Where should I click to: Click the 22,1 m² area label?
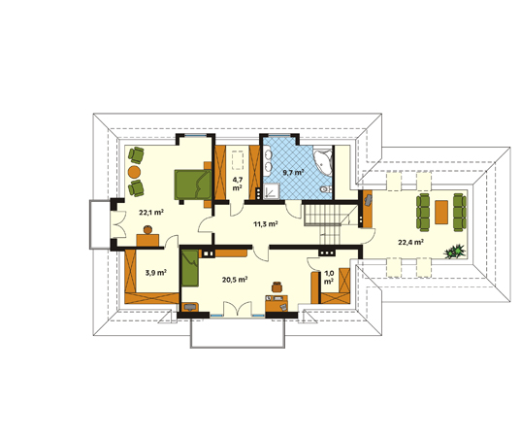[x=151, y=212]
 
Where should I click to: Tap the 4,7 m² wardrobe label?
[x=238, y=184]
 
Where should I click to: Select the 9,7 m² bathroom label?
[x=293, y=172]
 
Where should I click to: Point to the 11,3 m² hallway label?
[x=266, y=224]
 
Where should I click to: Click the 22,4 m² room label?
[x=410, y=242]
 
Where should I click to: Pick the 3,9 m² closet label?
[x=156, y=273]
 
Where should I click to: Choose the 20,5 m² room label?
[x=235, y=280]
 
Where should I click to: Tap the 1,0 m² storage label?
[x=329, y=278]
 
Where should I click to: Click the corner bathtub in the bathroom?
[x=323, y=162]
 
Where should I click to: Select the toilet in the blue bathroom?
[x=326, y=189]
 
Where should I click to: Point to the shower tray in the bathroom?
[x=272, y=192]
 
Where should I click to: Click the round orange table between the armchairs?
[x=134, y=172]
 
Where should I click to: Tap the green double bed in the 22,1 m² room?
[x=193, y=185]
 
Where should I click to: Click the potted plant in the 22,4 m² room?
[x=455, y=252]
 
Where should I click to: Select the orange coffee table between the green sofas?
[x=441, y=212]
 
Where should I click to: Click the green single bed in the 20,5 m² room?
[x=190, y=268]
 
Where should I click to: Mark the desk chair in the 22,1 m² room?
[x=147, y=229]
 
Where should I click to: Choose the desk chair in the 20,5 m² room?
[x=277, y=286]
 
